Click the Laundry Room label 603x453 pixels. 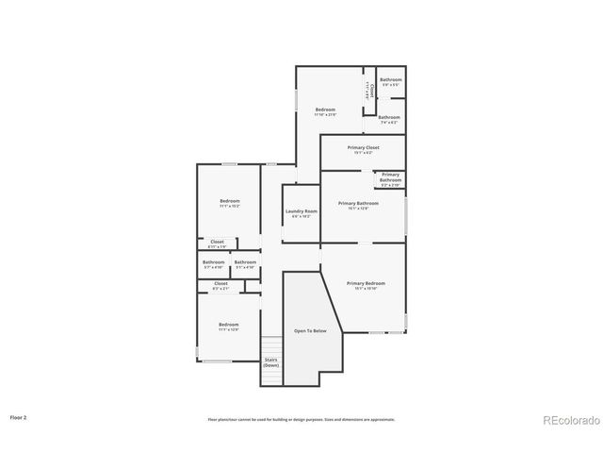301,211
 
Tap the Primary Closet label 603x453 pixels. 363,148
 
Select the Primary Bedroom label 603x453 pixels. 366,283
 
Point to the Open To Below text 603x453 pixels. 310,330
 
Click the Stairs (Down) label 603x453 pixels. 270,361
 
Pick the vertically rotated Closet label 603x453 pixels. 372,91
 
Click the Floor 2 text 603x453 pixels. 19,416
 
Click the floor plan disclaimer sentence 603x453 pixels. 301,419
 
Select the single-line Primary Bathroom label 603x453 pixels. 358,203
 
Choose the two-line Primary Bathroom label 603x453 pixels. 390,176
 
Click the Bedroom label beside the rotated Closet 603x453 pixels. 325,109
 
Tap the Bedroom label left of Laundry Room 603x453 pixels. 230,200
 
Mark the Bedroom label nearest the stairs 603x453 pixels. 229,325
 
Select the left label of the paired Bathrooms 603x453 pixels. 213,261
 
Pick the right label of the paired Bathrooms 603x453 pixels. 245,261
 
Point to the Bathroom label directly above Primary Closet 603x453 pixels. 389,117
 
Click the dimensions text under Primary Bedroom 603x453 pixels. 366,289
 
